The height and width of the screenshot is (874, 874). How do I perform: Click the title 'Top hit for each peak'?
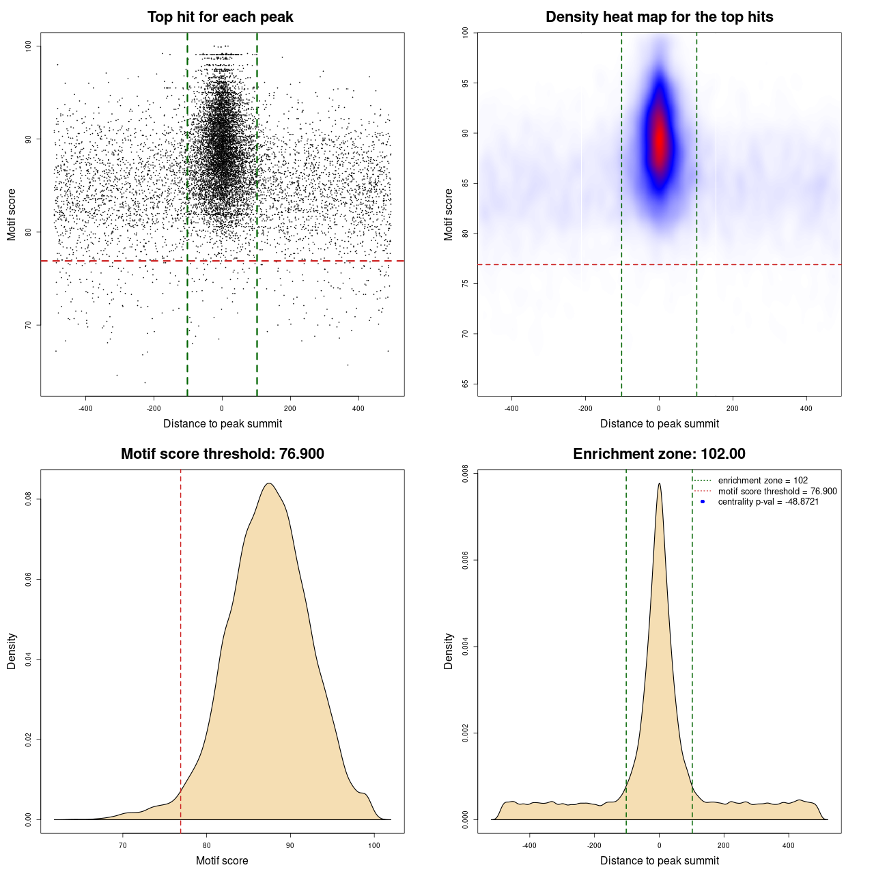click(221, 17)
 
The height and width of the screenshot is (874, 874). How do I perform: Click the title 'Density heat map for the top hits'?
click(659, 17)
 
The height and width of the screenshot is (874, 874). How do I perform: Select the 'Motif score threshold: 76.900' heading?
click(222, 454)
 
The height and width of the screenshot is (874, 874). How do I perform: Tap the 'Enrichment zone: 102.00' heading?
click(659, 454)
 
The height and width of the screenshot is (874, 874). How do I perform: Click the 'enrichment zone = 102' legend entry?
click(763, 481)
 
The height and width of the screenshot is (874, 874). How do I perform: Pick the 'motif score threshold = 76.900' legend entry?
click(777, 492)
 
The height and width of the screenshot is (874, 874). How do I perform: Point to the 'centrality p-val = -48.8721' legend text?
click(768, 502)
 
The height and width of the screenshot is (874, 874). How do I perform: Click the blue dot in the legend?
click(703, 502)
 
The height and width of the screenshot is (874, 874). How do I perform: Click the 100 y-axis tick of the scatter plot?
click(29, 46)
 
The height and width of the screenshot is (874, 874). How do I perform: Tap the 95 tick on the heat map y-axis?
click(466, 83)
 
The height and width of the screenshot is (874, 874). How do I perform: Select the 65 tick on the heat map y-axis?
click(466, 384)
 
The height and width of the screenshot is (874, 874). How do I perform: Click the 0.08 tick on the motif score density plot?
click(29, 499)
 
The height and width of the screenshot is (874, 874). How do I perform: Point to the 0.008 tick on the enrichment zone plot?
click(466, 474)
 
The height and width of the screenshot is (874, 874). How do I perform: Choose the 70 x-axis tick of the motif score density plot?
click(123, 845)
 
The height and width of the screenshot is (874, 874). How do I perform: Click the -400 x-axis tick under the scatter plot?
click(85, 408)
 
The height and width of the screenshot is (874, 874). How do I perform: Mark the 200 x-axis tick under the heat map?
click(733, 408)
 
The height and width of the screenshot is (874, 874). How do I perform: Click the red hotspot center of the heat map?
click(659, 140)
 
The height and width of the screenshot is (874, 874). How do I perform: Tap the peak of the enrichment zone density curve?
click(659, 484)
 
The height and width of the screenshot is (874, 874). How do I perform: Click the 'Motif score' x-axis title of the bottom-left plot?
click(222, 860)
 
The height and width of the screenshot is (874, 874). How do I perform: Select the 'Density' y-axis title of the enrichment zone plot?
click(449, 651)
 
